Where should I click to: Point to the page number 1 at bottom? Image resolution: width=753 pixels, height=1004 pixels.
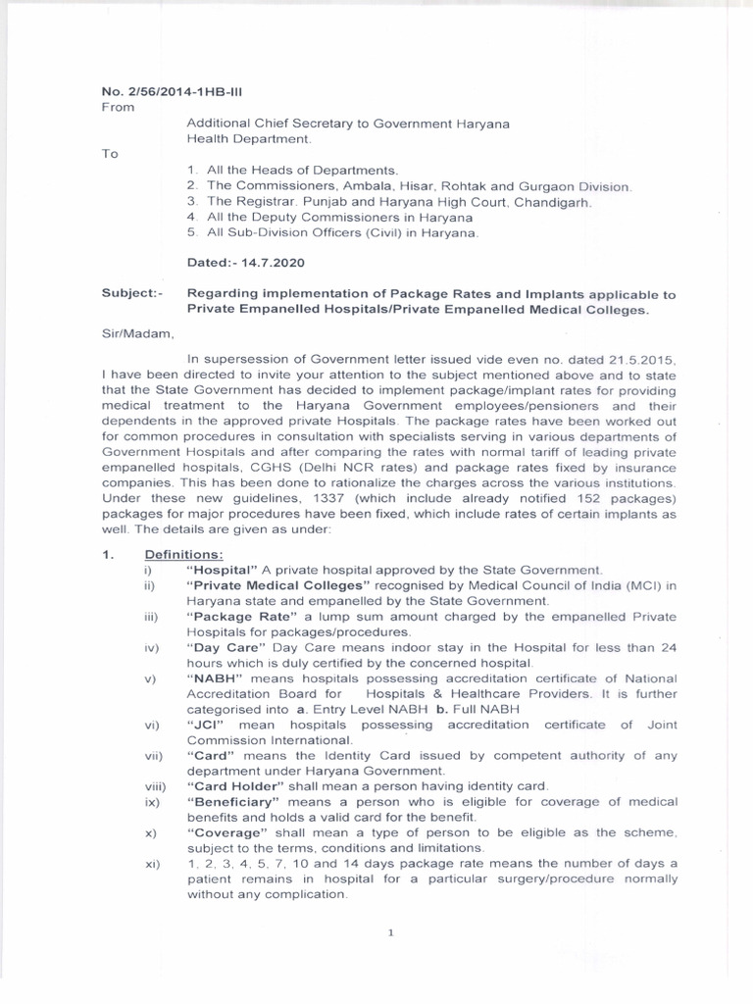390,932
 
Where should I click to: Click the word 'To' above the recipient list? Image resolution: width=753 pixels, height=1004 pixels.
110,154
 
